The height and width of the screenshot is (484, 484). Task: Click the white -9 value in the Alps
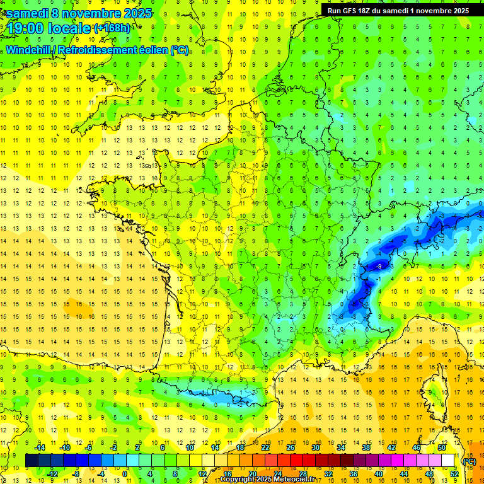[378, 267]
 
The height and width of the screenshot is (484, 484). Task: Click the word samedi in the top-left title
[30, 13]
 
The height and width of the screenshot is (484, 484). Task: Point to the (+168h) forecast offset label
[112, 28]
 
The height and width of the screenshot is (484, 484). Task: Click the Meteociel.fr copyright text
[267, 480]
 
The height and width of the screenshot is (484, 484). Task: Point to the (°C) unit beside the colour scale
[469, 461]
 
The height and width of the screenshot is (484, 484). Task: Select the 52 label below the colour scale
[454, 474]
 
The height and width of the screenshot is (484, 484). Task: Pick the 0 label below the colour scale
[125, 474]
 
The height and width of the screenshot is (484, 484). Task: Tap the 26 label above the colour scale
[291, 447]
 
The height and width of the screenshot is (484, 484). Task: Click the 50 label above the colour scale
[442, 447]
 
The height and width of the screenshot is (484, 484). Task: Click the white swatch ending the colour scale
[448, 461]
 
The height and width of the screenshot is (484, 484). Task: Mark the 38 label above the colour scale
[366, 447]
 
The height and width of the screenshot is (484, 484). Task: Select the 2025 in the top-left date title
[135, 13]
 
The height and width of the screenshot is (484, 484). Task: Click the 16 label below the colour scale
[228, 474]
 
